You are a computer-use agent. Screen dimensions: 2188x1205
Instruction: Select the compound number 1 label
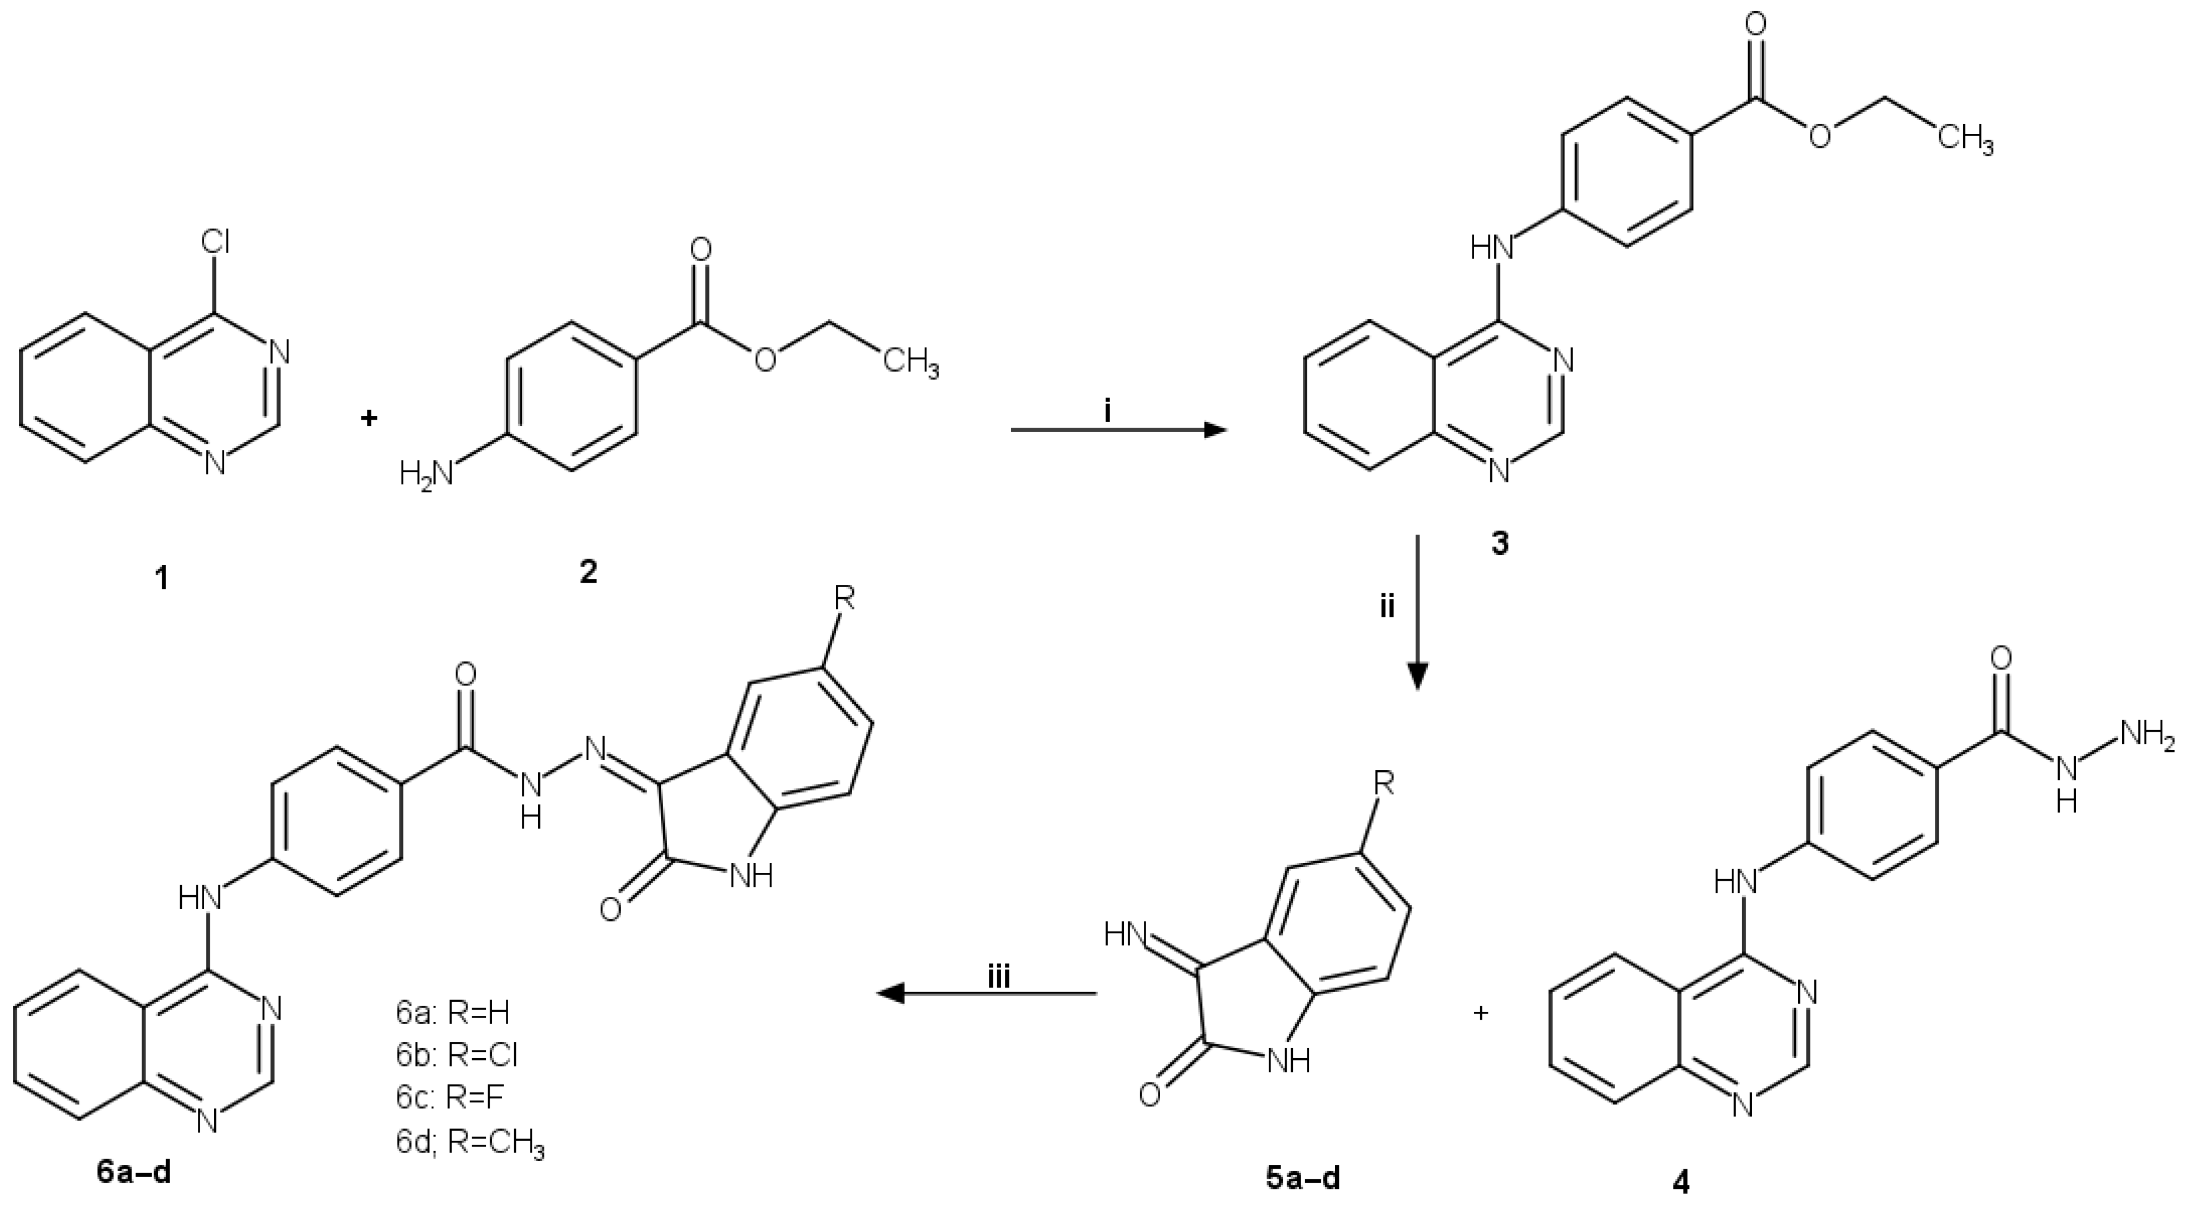160,579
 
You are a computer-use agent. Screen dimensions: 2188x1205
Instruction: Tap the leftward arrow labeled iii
986,992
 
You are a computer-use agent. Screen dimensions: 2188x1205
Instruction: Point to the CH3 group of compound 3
1964,138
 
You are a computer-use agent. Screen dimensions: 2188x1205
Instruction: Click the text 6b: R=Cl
456,1055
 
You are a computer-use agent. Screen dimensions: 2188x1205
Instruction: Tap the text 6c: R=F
450,1097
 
